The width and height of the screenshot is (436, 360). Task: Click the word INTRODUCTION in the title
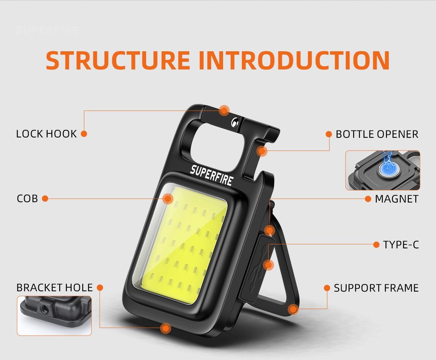point(294,60)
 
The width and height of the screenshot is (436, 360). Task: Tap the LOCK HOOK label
point(47,134)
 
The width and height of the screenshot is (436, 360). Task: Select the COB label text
point(27,199)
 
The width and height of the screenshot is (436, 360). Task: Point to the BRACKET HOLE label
point(54,288)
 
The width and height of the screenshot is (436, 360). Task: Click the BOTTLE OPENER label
point(377,134)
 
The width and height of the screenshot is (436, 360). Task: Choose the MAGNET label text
point(397,199)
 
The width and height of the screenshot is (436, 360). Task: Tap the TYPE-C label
point(401,245)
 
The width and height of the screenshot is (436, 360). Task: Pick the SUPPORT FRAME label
point(376,288)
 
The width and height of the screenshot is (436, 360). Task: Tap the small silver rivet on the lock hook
point(235,122)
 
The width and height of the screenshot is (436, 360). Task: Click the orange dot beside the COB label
point(45,199)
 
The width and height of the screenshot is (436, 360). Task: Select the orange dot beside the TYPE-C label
point(376,245)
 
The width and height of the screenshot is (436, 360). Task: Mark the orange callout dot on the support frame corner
point(293,309)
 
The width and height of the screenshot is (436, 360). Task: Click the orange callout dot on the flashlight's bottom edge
point(166,328)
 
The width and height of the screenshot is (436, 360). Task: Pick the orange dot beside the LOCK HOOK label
point(84,134)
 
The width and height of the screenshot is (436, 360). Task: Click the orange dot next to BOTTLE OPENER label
point(329,134)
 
